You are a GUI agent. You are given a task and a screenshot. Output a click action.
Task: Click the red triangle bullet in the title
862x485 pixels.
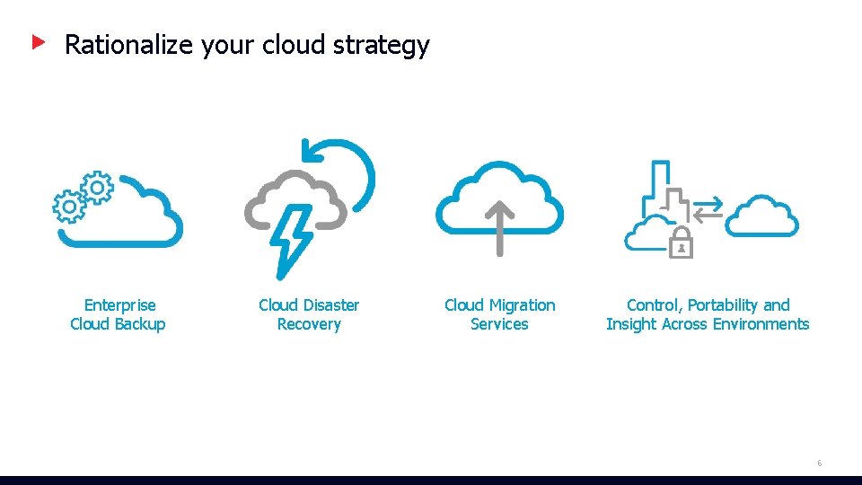pos(39,41)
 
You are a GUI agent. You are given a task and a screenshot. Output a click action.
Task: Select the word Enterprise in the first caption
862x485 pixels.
pos(119,305)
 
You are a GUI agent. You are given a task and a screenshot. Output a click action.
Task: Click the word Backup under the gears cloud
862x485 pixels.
pos(139,324)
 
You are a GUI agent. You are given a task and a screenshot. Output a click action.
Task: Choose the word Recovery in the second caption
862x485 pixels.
pos(309,324)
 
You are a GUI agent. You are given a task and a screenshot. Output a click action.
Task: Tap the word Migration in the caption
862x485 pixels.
pos(524,305)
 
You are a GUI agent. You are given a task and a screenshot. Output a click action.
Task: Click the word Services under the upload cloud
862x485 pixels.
pos(499,324)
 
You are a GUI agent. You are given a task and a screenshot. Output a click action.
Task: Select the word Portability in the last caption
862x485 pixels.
pos(723,305)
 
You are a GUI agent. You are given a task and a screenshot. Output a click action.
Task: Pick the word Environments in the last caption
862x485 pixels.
pos(761,324)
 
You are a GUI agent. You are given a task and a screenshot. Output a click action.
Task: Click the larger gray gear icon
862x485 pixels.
pos(68,207)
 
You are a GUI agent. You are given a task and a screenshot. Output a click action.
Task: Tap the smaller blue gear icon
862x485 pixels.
pos(97,187)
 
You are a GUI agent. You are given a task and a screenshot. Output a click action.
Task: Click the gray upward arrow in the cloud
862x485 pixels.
pos(500,228)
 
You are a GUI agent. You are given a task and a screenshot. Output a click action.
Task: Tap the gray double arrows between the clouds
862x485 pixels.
pos(708,208)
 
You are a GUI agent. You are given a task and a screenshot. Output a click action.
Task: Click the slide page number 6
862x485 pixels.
pos(819,463)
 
